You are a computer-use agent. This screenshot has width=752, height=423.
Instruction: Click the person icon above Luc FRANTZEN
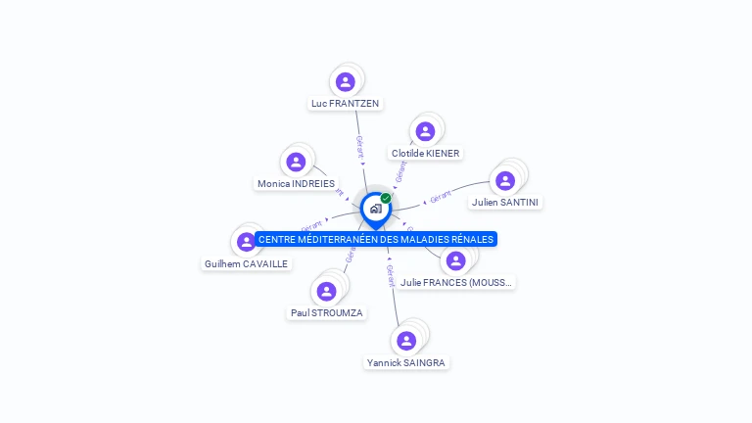[345, 82]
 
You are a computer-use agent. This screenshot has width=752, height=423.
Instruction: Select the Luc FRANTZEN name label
[345, 103]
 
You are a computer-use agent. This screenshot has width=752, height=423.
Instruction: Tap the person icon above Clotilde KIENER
[425, 131]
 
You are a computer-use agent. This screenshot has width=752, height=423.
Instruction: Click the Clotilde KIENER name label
[425, 153]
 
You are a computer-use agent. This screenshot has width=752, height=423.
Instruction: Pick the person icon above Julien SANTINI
[505, 180]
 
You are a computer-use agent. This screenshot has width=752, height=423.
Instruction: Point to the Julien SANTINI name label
[505, 202]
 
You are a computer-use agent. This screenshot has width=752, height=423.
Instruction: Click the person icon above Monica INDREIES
[296, 162]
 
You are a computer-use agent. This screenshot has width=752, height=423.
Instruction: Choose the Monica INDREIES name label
[296, 183]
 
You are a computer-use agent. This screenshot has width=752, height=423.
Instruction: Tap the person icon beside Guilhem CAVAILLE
[247, 241]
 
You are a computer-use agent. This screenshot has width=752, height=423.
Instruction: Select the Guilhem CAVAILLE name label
[247, 263]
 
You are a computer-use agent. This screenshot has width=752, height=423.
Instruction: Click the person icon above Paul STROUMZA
[327, 291]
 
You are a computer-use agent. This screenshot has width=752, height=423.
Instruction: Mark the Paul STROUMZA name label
[327, 312]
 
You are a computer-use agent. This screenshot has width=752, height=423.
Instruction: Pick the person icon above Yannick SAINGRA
[406, 340]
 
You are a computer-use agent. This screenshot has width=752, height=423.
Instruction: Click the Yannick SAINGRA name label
[406, 362]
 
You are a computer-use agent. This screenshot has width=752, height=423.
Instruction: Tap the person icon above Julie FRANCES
[455, 260]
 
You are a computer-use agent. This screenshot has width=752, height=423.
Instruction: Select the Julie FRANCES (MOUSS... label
[456, 282]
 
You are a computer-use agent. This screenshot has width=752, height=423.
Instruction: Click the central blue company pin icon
[375, 209]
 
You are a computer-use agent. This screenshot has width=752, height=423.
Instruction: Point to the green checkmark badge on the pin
[386, 198]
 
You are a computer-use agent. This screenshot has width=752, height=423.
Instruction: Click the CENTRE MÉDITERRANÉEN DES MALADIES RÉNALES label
[376, 239]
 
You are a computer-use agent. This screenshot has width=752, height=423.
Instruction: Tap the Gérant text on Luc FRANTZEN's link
[360, 147]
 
